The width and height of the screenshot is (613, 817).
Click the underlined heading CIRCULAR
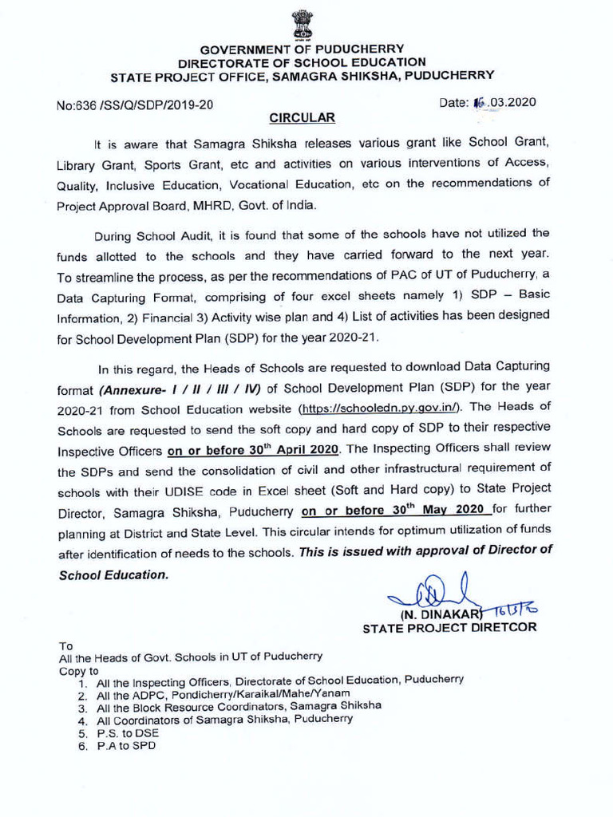tap(302, 118)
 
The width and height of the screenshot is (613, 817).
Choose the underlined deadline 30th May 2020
tap(396, 510)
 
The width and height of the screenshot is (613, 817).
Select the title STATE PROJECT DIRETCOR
tap(449, 628)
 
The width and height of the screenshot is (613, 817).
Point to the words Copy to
tap(79, 671)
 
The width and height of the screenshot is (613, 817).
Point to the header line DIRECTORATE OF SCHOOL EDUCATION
tap(302, 62)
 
